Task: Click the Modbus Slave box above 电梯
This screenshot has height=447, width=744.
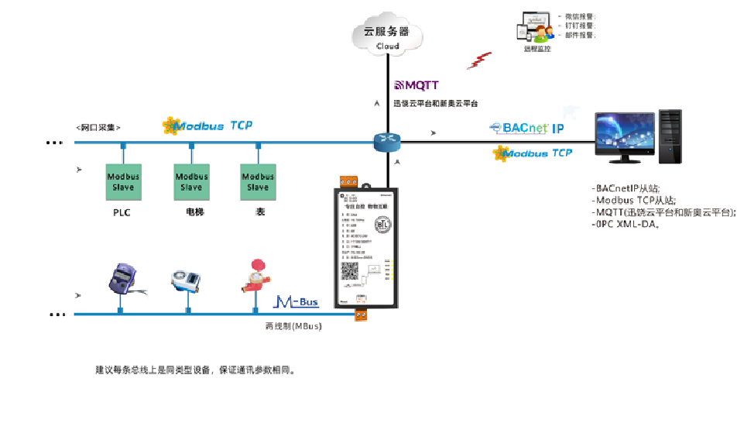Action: pos(191,181)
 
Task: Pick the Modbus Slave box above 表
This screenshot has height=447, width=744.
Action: pos(258,181)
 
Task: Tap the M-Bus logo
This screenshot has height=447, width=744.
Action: pos(298,301)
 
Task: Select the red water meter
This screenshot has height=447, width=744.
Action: pos(255,279)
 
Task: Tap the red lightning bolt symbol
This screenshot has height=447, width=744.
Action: pos(484,60)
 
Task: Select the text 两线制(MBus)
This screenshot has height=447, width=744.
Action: pos(293,326)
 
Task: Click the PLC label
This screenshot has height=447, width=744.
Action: pos(121,211)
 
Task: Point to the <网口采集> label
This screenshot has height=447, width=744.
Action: pos(98,127)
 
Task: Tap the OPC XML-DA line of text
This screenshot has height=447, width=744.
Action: pos(627,225)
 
